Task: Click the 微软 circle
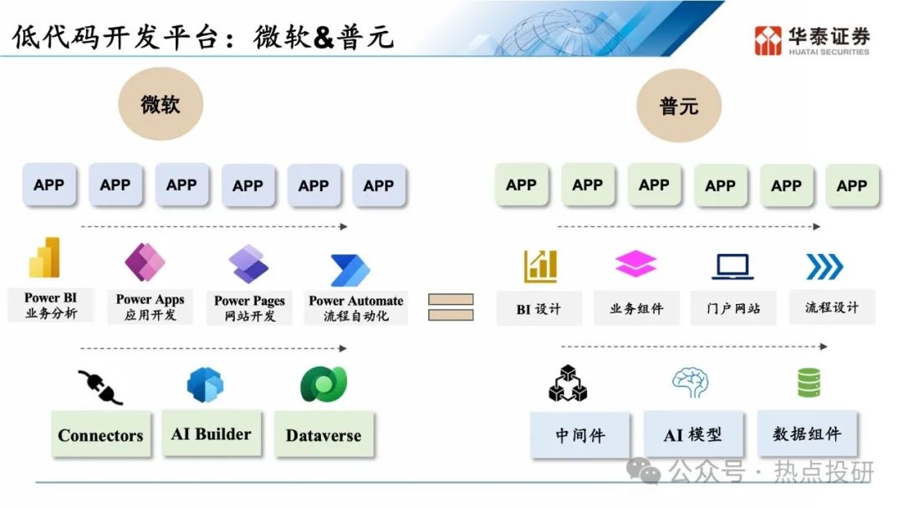tap(161, 104)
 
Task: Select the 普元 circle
tap(679, 105)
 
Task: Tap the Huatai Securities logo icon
tap(768, 40)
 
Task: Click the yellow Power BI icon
tap(44, 257)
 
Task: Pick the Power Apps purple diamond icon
tap(145, 262)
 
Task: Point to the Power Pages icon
tap(248, 264)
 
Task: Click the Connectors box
tap(101, 435)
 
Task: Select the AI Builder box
tap(212, 433)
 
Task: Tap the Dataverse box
tap(324, 435)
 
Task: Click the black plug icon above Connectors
tap(100, 387)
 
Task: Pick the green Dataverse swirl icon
tap(324, 384)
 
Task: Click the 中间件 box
tap(580, 435)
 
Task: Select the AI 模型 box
tap(693, 434)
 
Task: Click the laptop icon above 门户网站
tap(732, 267)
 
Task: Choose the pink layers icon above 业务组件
tap(635, 263)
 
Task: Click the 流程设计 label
tap(832, 307)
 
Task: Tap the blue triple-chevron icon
tap(824, 267)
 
